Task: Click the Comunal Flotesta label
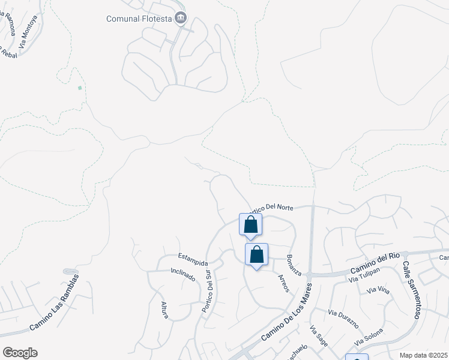click(139, 19)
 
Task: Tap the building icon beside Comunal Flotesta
click(179, 19)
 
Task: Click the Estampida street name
click(193, 263)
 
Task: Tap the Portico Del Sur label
click(206, 291)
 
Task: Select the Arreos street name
click(283, 283)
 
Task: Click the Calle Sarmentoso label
click(411, 289)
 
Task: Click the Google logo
click(20, 353)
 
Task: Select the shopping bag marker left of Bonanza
click(256, 254)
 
